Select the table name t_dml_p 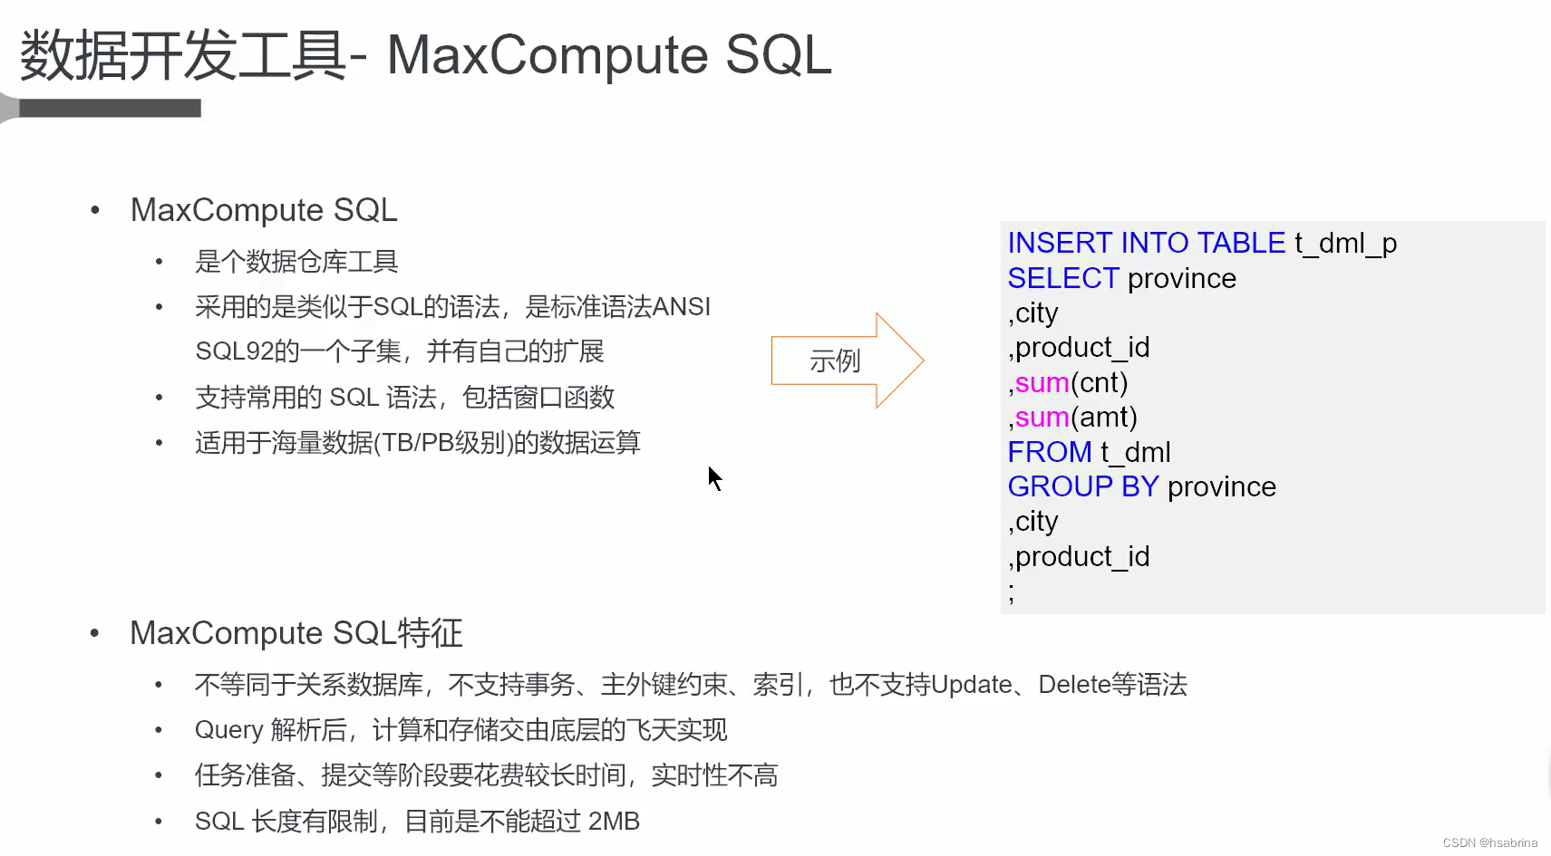pyautogui.click(x=1345, y=244)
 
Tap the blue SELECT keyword pyautogui.click(x=1063, y=278)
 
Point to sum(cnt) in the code pyautogui.click(x=1071, y=382)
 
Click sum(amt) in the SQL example pyautogui.click(x=1075, y=417)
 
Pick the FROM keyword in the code pyautogui.click(x=1050, y=451)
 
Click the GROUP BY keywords pyautogui.click(x=1083, y=486)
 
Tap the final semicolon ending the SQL pyautogui.click(x=1012, y=594)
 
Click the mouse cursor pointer pyautogui.click(x=714, y=477)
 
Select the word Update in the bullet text pyautogui.click(x=971, y=684)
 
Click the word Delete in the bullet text pyautogui.click(x=1074, y=684)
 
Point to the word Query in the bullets pyautogui.click(x=228, y=730)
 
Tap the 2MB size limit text pyautogui.click(x=614, y=822)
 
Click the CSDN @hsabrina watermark pyautogui.click(x=1489, y=842)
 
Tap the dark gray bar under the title pyautogui.click(x=109, y=109)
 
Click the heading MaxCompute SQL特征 pyautogui.click(x=296, y=632)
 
